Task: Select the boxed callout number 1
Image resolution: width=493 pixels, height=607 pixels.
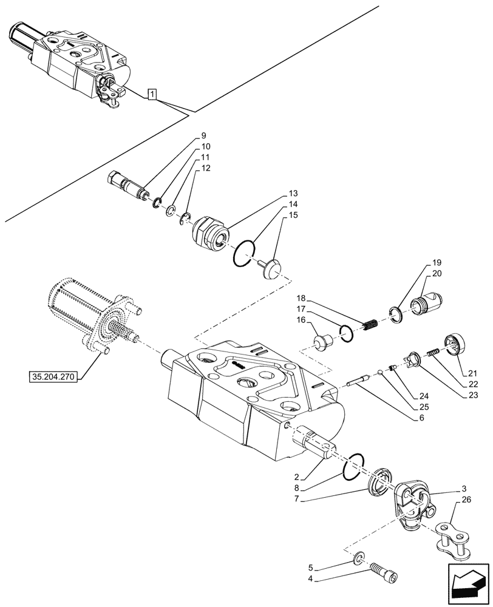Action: tap(152, 94)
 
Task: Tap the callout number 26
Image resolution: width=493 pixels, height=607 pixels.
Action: tap(465, 501)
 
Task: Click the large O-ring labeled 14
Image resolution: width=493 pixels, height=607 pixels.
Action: tap(243, 253)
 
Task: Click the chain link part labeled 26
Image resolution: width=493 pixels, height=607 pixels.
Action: tap(453, 539)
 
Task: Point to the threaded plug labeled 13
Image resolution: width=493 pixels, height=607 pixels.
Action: tap(210, 234)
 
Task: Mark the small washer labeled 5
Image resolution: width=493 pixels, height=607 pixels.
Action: tap(359, 555)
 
